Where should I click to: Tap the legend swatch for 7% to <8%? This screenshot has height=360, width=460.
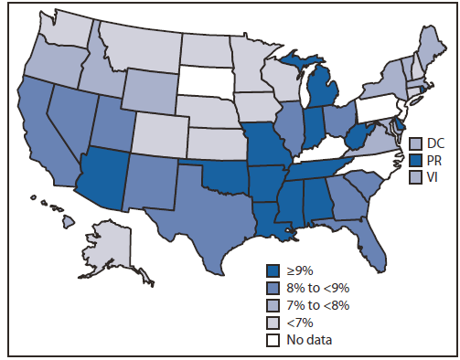(273, 304)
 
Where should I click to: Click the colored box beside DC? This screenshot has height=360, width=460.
(414, 143)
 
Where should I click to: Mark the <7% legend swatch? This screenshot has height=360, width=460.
(273, 322)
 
